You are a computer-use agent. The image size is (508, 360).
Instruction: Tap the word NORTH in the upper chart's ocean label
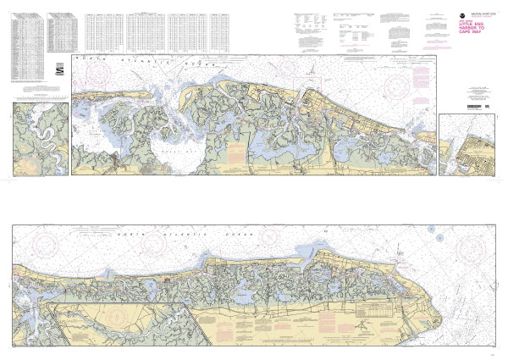[89, 58]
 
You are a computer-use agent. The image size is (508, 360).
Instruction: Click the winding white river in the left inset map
[38, 136]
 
